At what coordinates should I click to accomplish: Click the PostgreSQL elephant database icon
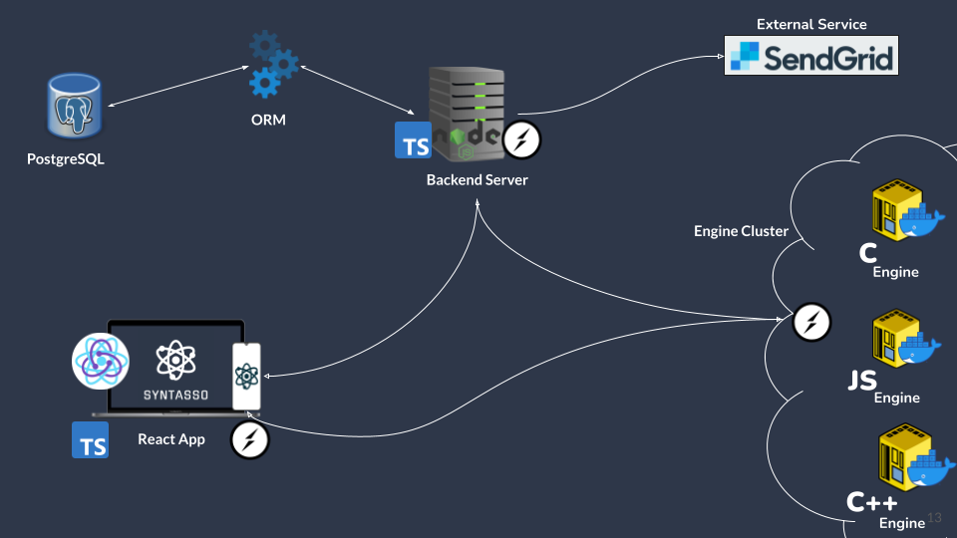click(x=74, y=106)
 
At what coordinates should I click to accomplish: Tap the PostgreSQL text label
click(x=66, y=158)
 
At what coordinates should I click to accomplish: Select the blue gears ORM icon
click(x=272, y=65)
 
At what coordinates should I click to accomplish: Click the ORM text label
click(x=269, y=121)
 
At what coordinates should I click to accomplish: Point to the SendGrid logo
click(x=810, y=56)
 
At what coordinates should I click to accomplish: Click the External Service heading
click(x=811, y=24)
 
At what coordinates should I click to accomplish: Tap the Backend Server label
click(x=477, y=180)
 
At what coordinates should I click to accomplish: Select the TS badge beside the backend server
click(x=414, y=141)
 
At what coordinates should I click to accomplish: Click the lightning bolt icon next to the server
click(x=521, y=140)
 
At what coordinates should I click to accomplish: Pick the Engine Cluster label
click(x=741, y=231)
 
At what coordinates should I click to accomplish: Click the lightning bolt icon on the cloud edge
click(x=811, y=322)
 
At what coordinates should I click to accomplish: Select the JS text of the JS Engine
click(x=862, y=381)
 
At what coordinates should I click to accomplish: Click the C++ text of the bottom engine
click(x=871, y=502)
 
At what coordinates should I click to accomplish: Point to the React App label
click(x=171, y=439)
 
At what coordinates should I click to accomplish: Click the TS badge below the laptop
click(x=90, y=439)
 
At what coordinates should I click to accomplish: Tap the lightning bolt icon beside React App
click(x=249, y=440)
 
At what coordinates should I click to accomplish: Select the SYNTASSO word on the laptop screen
click(x=175, y=395)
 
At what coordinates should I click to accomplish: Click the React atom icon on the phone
click(x=246, y=376)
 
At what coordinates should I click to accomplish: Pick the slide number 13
click(x=934, y=516)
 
